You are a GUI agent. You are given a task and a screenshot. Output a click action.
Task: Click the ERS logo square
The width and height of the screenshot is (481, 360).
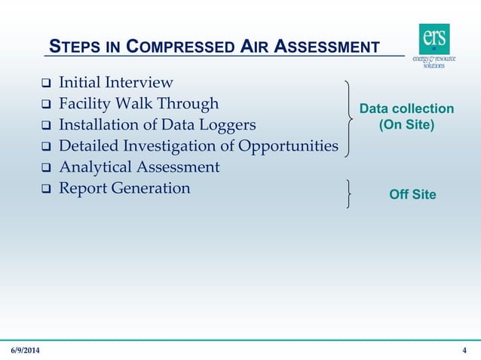[x=434, y=38]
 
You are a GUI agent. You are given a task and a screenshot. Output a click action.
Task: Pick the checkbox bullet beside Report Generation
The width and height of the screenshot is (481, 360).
[x=45, y=189]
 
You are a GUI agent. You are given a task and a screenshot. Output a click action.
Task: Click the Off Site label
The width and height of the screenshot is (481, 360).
[x=412, y=195]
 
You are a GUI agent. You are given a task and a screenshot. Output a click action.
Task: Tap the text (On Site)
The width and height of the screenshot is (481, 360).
[x=406, y=124]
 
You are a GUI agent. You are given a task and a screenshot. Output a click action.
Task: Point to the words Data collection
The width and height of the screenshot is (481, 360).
[x=406, y=109]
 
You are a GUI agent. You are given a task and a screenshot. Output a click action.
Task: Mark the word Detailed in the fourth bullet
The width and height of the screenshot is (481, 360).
[x=89, y=145]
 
